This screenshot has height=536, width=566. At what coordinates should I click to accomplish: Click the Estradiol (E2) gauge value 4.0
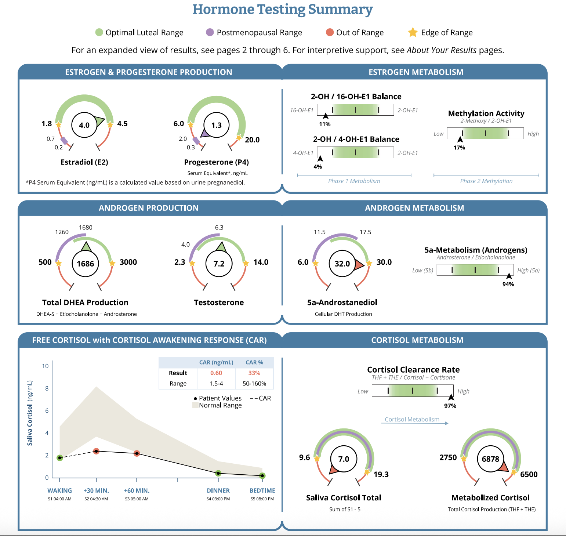[84, 125]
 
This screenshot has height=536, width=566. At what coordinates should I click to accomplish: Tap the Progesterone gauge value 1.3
[217, 125]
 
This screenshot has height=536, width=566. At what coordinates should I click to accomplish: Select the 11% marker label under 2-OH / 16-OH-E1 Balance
[325, 124]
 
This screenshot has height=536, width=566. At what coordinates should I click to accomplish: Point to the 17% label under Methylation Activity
[459, 148]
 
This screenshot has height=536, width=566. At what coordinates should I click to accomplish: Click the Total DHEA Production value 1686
[86, 264]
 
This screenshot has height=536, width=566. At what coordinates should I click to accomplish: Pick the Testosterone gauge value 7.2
[219, 264]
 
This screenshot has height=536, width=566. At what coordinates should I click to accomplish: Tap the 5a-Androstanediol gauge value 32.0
[342, 264]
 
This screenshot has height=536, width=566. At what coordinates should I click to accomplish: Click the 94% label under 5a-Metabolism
[508, 284]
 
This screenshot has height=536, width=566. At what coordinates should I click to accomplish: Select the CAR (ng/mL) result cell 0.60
[216, 373]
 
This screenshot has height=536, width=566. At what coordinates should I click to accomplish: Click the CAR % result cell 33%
[254, 373]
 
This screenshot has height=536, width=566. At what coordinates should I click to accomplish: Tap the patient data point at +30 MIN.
[96, 451]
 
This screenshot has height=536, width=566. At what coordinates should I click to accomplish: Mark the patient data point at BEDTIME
[262, 476]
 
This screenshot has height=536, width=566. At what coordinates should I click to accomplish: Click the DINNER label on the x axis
[218, 490]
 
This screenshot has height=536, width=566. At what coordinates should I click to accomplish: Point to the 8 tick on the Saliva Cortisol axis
[47, 388]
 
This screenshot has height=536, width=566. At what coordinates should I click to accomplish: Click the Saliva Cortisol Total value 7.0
[344, 459]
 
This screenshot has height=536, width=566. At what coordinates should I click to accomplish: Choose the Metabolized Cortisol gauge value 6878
[490, 459]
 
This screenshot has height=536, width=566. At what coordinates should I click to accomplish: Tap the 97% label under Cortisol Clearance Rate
[450, 406]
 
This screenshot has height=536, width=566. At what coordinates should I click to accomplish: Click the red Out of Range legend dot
[330, 32]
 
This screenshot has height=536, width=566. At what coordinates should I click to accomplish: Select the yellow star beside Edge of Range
[413, 32]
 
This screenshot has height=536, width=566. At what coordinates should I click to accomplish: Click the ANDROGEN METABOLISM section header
[414, 208]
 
